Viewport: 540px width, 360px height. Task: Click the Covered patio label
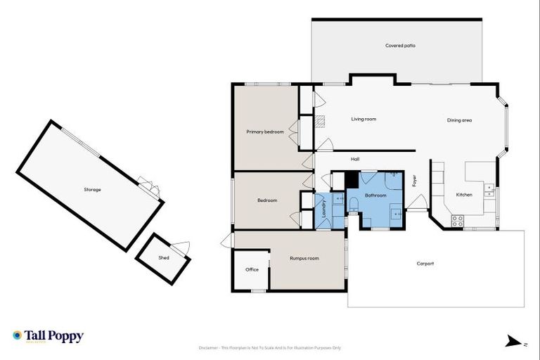point(400,46)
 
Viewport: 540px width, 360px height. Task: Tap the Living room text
point(364,119)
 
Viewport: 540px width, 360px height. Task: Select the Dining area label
point(459,120)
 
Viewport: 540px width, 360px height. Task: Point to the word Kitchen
point(464,194)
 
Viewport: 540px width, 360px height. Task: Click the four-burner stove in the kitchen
point(457,219)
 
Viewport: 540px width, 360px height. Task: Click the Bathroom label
point(375,195)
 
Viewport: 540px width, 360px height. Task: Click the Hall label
point(355,159)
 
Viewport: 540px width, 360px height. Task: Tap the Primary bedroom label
point(265,131)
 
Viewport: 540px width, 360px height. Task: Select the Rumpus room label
point(304,258)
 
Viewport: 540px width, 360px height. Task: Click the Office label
point(252,269)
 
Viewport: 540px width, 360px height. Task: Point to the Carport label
point(425,264)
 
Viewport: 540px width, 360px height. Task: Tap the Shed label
point(164,257)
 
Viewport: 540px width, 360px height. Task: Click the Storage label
point(92,189)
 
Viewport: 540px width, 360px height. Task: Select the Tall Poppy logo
point(48,336)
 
